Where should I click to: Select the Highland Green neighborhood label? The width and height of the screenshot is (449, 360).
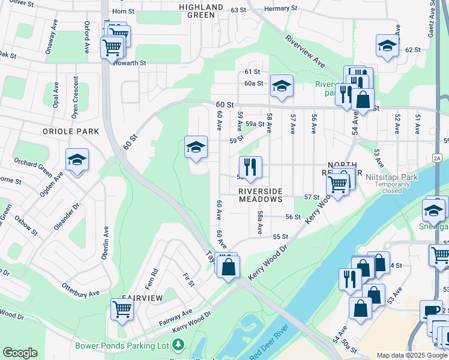coord(201,11)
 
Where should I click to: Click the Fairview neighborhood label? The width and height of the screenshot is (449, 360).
coord(142,298)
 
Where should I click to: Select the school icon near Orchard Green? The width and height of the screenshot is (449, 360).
coord(77,160)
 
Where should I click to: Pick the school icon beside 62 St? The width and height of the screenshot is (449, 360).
coord(387,46)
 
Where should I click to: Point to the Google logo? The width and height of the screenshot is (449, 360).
coord(20,353)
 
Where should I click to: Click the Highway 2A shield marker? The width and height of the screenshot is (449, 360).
coord(437,157)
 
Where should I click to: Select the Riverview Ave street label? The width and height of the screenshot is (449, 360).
coord(305,52)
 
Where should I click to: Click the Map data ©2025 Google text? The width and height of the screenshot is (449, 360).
coord(412,355)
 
